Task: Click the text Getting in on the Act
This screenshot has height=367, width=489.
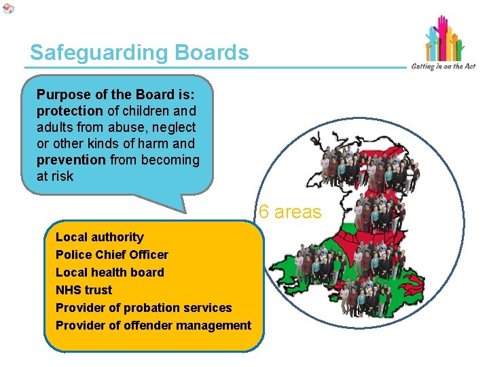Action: (443, 66)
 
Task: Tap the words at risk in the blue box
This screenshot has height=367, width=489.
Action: (56, 176)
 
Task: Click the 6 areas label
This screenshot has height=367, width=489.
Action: (290, 212)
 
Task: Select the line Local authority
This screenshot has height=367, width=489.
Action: (100, 237)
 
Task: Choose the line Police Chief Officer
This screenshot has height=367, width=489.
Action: (112, 255)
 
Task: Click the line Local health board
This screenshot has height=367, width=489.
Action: (110, 273)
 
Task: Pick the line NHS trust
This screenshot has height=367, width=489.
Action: (84, 290)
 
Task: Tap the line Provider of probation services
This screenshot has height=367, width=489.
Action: (143, 308)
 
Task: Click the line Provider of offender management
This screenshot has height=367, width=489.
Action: (153, 326)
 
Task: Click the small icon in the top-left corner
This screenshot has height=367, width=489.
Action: (8, 8)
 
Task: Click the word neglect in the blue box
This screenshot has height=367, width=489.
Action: (176, 127)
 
